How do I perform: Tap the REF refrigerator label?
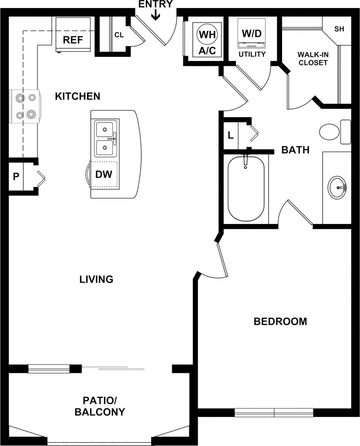[73, 40]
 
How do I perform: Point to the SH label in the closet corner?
[339, 29]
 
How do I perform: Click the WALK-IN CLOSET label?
[312, 59]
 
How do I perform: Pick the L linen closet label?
[231, 135]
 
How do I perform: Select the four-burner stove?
[25, 106]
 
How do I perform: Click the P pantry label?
[16, 176]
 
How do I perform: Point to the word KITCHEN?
[78, 96]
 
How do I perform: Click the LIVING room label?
[96, 279]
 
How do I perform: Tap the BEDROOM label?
[280, 321]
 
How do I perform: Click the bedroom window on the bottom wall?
[274, 412]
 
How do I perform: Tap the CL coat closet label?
[119, 35]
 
